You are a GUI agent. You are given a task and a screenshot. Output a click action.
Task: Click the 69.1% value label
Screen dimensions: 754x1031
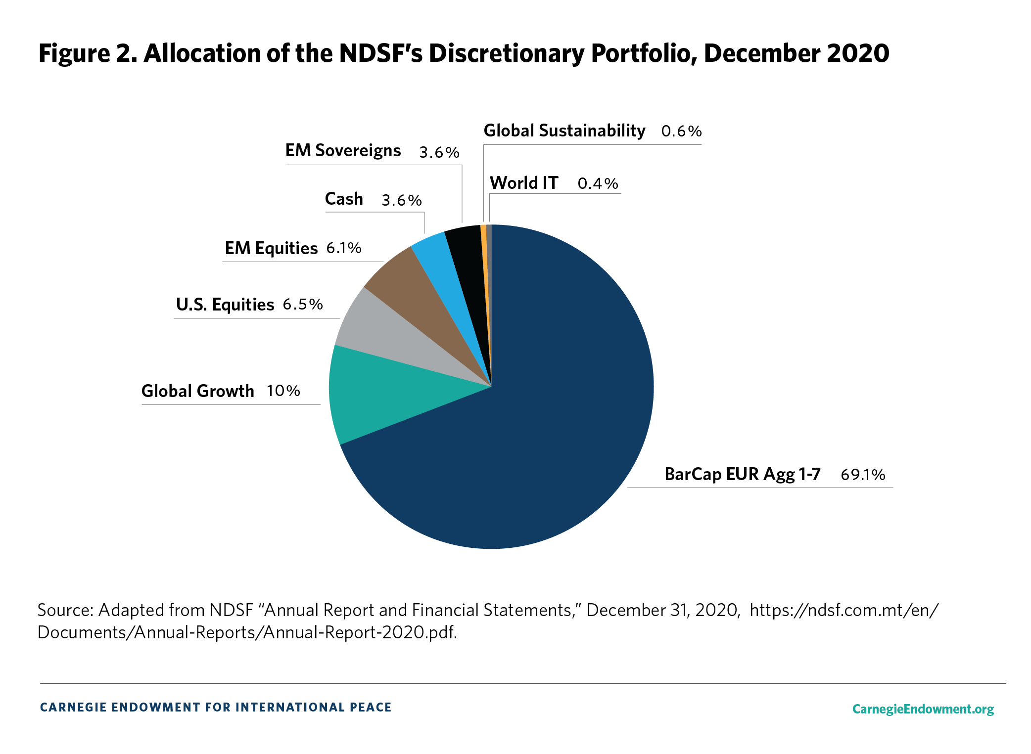pos(862,475)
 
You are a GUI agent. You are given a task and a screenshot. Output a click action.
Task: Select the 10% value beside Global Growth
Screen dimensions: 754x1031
pos(283,391)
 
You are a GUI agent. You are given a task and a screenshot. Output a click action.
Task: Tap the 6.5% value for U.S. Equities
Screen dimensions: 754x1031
pos(302,304)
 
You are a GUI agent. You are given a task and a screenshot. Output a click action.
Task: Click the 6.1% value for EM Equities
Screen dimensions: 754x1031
pos(343,248)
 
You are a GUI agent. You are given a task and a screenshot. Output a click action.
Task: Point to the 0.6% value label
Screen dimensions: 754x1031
pos(681,131)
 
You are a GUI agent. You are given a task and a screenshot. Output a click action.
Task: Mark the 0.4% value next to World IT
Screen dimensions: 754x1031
pos(598,183)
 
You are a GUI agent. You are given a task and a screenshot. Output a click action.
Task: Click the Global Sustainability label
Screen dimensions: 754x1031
pos(564,131)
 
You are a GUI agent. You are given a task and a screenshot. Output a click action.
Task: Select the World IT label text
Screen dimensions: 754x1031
pos(523,183)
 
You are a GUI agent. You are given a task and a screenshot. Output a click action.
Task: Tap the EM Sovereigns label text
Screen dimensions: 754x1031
pos(343,150)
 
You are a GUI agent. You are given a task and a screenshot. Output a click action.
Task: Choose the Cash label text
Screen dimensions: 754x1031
pos(344,199)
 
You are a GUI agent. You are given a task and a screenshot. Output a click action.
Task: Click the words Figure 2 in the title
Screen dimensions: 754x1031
pos(88,53)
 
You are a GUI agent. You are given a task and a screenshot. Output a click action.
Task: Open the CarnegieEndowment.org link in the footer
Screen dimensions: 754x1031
pos(923,709)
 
